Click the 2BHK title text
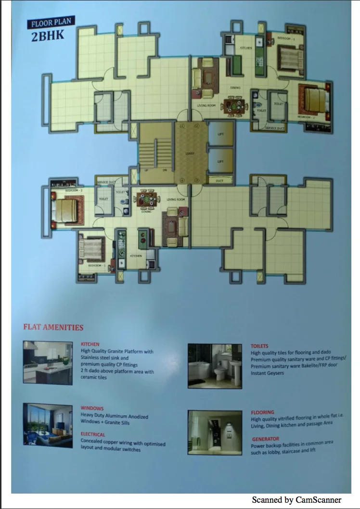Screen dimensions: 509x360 pyautogui.click(x=48, y=37)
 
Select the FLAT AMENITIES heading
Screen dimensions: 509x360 pyautogui.click(x=53, y=328)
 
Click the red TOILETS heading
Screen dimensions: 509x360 pyautogui.click(x=259, y=346)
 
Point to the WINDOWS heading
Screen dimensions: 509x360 pyautogui.click(x=92, y=408)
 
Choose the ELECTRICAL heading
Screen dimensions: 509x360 pyautogui.click(x=93, y=434)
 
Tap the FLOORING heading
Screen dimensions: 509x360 pyautogui.click(x=262, y=412)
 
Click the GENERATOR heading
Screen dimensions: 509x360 pyautogui.click(x=265, y=439)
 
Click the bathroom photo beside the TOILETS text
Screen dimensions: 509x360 pyautogui.click(x=215, y=366)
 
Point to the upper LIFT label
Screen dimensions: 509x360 pyautogui.click(x=220, y=134)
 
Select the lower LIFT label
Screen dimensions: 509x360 pyautogui.click(x=220, y=162)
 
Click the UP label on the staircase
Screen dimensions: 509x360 pyautogui.click(x=146, y=170)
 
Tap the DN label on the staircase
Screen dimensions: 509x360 pyautogui.click(x=165, y=170)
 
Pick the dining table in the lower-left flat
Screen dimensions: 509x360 pyautogui.click(x=147, y=200)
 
